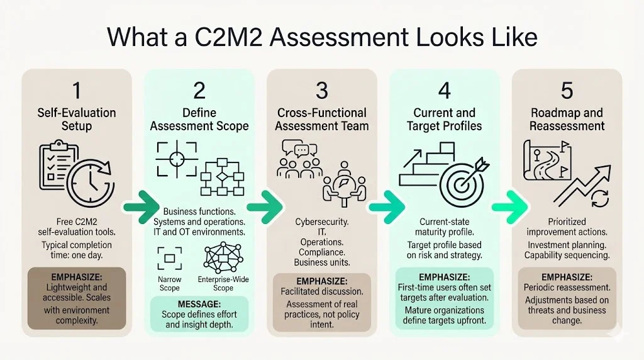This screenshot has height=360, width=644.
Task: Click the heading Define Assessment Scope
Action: tap(199, 119)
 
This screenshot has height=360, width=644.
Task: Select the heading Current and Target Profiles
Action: tap(444, 119)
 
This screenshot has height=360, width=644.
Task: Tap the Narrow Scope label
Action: tap(169, 283)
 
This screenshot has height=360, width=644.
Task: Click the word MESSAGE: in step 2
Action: tap(199, 304)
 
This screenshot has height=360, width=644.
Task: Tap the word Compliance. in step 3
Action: tap(321, 252)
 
